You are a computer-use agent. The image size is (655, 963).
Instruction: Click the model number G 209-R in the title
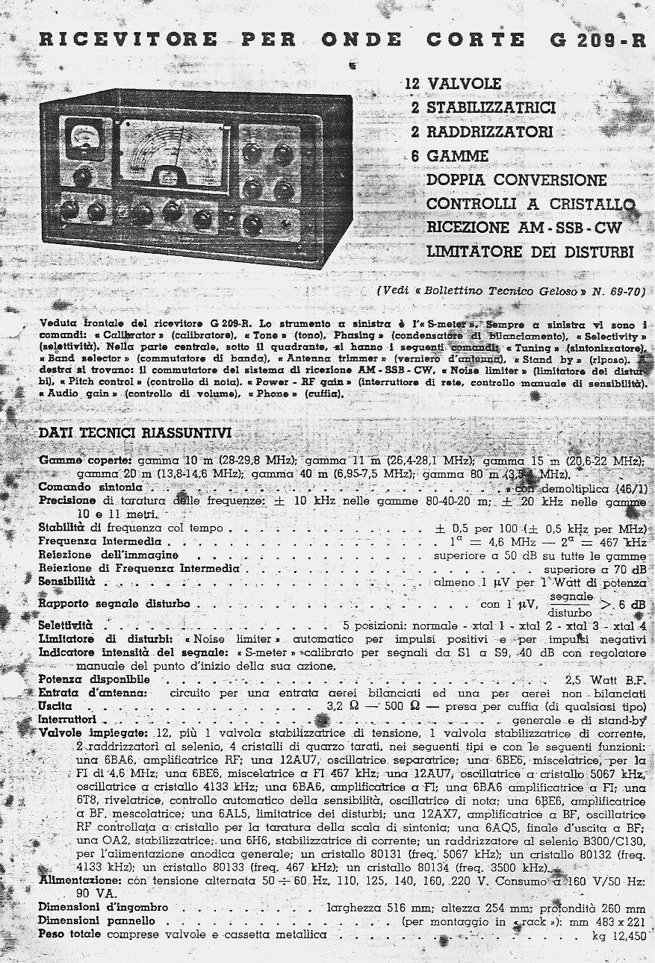[597, 40]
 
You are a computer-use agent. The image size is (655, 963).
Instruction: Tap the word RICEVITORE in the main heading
[128, 40]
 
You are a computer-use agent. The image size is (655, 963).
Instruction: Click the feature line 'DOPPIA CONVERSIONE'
[516, 180]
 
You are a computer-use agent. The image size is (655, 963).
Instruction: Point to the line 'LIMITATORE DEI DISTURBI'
[530, 252]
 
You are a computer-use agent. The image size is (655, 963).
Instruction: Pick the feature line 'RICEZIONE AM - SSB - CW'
[524, 228]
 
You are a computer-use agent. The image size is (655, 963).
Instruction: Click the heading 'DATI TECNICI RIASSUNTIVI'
[134, 434]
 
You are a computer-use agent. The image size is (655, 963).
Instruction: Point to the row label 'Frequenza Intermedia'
[99, 541]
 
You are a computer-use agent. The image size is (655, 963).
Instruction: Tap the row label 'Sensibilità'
[66, 581]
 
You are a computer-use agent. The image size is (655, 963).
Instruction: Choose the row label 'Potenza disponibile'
[94, 679]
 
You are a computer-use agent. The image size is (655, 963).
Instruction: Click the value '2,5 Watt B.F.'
[606, 680]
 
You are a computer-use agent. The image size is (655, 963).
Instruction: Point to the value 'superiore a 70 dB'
[596, 568]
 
